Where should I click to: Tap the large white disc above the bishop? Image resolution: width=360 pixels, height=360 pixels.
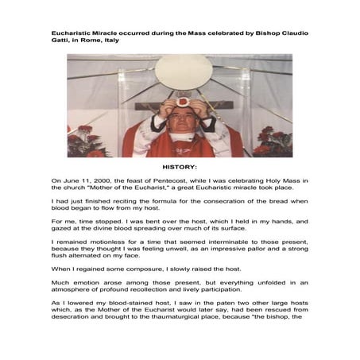point(183,72)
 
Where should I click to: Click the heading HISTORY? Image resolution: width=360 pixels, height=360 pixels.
point(180,168)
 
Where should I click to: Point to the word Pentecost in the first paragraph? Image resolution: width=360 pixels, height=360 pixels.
point(166,182)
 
